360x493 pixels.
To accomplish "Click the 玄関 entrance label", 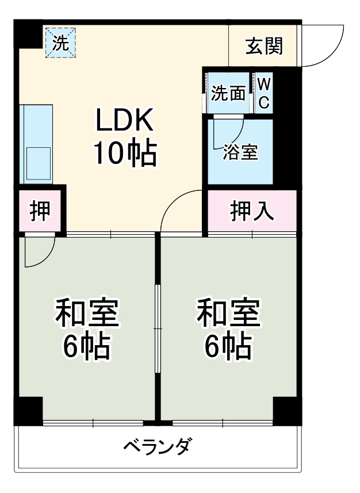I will (264, 46).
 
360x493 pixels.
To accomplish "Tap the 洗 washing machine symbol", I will (60, 43).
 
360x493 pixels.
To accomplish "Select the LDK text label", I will (124, 121).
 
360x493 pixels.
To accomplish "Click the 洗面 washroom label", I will (228, 93).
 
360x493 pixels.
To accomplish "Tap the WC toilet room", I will (263, 93).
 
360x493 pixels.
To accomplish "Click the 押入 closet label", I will (252, 212).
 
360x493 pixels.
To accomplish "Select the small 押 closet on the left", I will (39, 212).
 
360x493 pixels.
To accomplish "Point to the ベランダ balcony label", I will (156, 446).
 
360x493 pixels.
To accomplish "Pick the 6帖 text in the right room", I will (228, 346).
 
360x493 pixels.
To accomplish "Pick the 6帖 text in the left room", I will (86, 346).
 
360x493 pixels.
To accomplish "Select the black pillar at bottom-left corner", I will (28, 411).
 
